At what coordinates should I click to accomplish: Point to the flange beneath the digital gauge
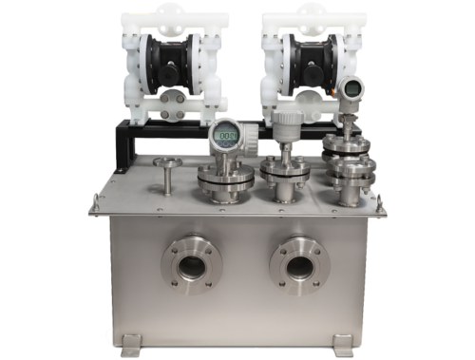tap(226, 178)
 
